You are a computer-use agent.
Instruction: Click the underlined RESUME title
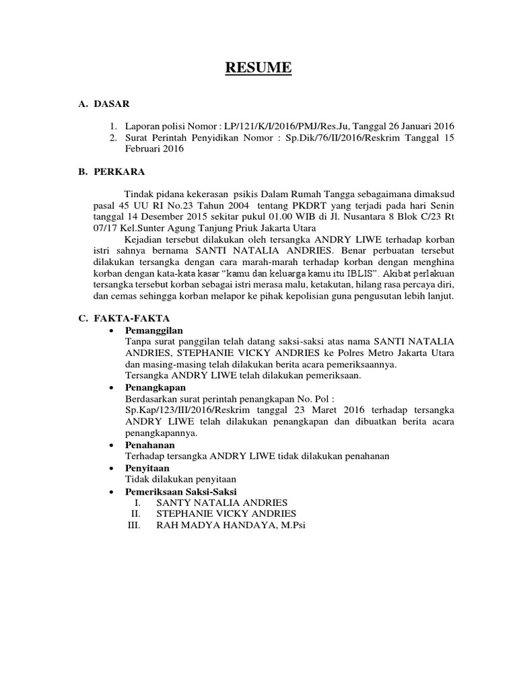pyautogui.click(x=258, y=68)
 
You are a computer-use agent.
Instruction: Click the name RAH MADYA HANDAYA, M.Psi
pyautogui.click(x=230, y=525)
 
